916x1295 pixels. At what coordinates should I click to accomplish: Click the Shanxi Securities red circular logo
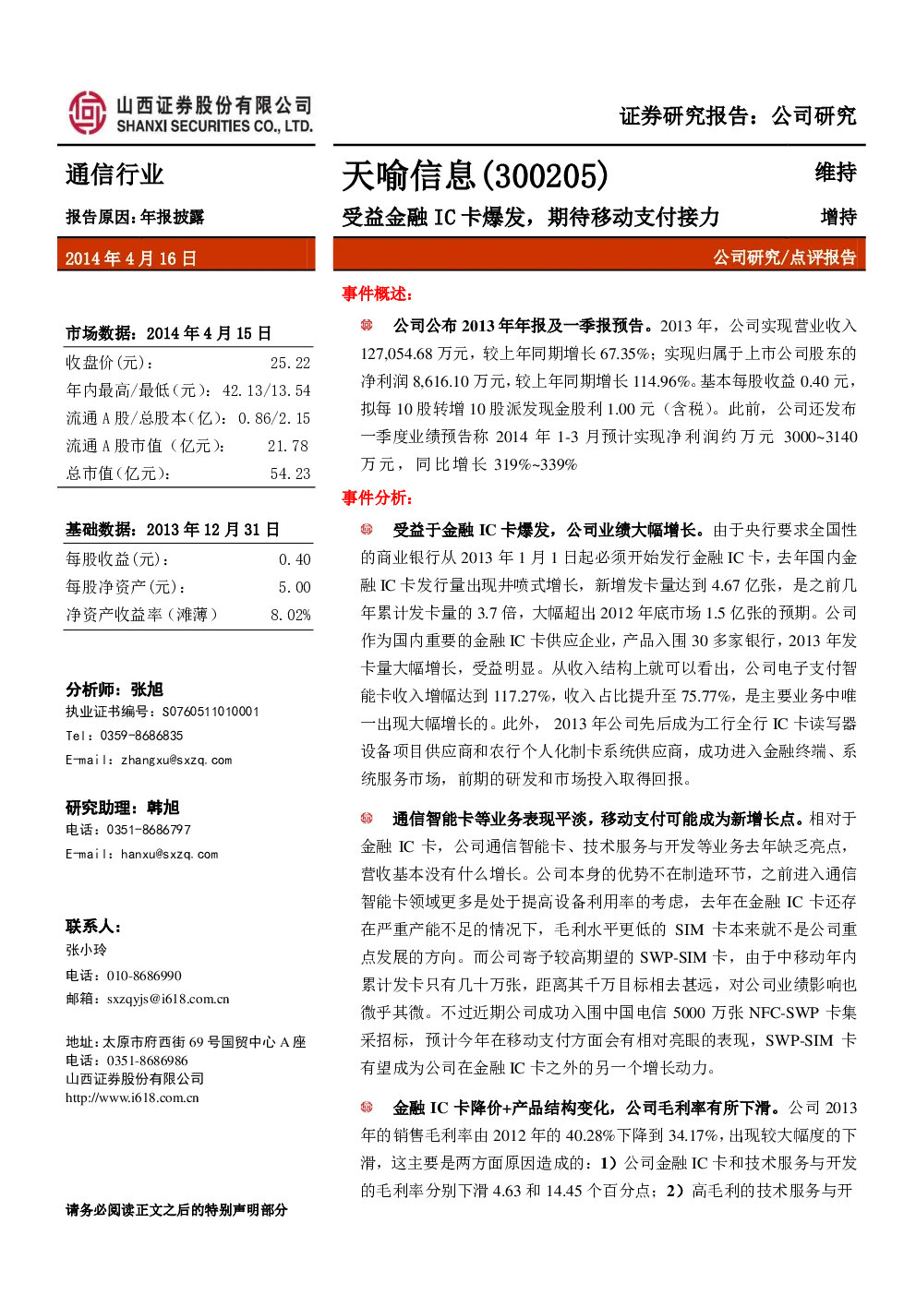(x=88, y=114)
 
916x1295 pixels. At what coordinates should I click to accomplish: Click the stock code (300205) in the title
(x=544, y=175)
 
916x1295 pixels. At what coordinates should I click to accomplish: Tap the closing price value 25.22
(x=290, y=363)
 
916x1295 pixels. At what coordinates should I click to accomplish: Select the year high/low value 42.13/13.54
(x=267, y=390)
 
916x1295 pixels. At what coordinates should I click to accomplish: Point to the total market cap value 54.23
(x=290, y=474)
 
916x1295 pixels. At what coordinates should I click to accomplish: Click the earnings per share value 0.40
(x=295, y=559)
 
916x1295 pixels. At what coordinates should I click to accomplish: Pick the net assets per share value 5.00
(x=295, y=587)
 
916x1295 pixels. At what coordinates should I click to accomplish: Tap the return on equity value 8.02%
(x=291, y=615)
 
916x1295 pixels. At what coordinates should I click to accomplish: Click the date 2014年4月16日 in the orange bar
(x=131, y=258)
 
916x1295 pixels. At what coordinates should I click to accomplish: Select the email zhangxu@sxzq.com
(x=176, y=761)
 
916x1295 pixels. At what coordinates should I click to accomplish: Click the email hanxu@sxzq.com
(x=169, y=854)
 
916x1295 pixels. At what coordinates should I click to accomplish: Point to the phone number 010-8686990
(x=144, y=976)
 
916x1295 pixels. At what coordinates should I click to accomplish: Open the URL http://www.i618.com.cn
(x=132, y=1097)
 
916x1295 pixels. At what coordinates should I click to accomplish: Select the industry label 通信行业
(x=114, y=174)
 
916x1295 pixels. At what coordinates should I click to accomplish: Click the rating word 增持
(x=838, y=217)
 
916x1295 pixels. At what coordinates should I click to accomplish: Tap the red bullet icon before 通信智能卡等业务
(x=367, y=818)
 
